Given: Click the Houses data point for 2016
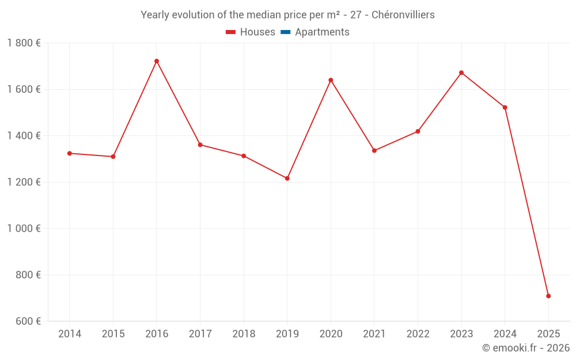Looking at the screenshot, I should pyautogui.click(x=157, y=61).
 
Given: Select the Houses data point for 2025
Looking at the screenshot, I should pyautogui.click(x=548, y=296).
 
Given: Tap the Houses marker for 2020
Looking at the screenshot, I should pyautogui.click(x=331, y=80).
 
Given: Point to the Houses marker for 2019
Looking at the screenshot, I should pyautogui.click(x=287, y=179).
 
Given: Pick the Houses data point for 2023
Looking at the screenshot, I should pyautogui.click(x=461, y=73).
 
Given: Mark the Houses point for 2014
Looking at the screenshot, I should pyautogui.click(x=70, y=153).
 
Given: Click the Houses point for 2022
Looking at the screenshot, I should pyautogui.click(x=418, y=131).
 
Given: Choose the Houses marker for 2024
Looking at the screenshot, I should pyautogui.click(x=505, y=108).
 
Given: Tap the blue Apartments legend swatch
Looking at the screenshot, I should pyautogui.click(x=285, y=32).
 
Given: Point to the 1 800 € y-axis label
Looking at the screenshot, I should pyautogui.click(x=24, y=43).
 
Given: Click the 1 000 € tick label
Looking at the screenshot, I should pyautogui.click(x=24, y=229).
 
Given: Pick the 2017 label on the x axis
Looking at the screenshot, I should pyautogui.click(x=200, y=334).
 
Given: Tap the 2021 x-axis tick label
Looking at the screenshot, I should pyautogui.click(x=374, y=334).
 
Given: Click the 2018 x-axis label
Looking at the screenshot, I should pyautogui.click(x=244, y=334).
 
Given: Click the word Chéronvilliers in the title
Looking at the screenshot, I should pyautogui.click(x=403, y=15).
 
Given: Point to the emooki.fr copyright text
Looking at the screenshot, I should pyautogui.click(x=526, y=348).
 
